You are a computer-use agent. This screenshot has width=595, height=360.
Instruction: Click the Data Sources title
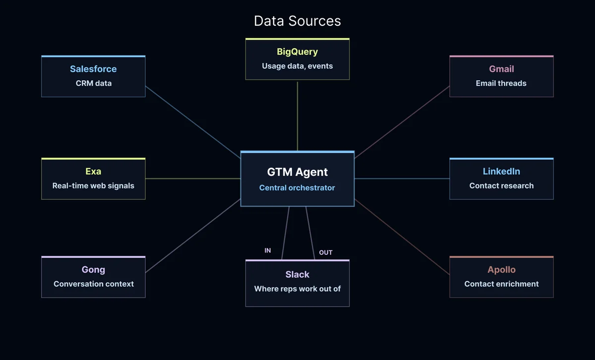297,21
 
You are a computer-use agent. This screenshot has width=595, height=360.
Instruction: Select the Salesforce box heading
93,69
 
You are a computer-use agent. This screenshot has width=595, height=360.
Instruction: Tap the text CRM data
93,83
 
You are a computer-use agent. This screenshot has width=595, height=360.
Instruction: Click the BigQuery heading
297,52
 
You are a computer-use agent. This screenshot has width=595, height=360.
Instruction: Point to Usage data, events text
297,66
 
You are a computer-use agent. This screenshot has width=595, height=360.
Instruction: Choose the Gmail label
501,69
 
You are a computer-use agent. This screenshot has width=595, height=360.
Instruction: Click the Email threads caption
501,83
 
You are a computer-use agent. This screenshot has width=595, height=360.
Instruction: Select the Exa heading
93,172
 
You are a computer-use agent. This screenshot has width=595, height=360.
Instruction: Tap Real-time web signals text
93,186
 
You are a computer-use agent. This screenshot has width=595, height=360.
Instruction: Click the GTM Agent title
297,172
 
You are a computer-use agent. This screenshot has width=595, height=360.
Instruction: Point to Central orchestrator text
297,188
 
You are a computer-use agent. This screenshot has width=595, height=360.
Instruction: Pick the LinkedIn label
501,172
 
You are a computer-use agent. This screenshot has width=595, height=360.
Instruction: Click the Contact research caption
501,186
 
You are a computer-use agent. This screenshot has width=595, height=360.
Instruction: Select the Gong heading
93,270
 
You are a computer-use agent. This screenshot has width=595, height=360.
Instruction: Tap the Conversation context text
93,284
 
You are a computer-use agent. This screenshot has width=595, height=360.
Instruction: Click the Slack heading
297,274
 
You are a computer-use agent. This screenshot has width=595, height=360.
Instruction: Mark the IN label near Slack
268,250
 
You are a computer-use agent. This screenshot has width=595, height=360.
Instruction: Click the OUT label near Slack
326,252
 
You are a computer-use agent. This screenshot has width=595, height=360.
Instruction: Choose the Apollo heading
501,270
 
